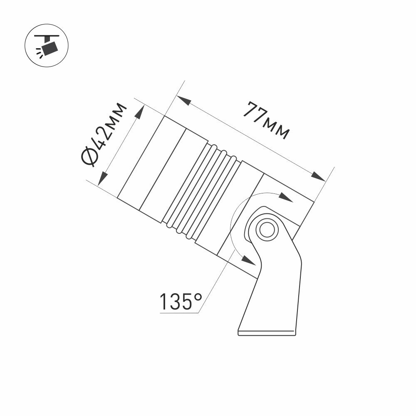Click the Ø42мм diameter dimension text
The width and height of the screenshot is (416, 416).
104,134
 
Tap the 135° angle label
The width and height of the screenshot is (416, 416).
180,302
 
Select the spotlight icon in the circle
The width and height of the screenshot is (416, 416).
47,47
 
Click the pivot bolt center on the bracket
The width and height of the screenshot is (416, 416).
265,229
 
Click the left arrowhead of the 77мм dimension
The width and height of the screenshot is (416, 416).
183,101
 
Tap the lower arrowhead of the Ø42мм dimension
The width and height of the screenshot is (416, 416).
102,178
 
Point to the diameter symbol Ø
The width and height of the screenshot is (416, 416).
89,158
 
